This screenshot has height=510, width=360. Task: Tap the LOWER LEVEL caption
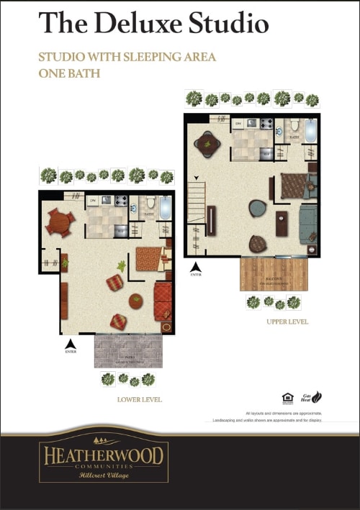[140, 399]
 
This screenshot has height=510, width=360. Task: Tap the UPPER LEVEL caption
[287, 322]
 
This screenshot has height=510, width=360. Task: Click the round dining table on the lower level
[59, 223]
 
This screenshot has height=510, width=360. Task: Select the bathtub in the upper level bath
[310, 131]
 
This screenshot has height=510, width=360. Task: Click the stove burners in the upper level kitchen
[266, 123]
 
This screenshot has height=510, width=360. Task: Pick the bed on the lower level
[150, 258]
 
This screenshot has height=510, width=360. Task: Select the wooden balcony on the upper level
[274, 274]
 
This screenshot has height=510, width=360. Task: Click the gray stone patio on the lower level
[128, 352]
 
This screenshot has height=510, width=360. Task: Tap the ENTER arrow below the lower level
[71, 343]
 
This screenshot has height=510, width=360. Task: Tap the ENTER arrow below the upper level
[196, 268]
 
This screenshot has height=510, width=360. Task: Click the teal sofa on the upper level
[307, 224]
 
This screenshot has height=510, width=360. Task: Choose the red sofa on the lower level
[163, 301]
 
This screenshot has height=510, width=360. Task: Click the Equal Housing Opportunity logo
[287, 398]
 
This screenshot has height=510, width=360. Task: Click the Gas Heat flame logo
[316, 396]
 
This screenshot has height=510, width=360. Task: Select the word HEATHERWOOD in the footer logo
[104, 455]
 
